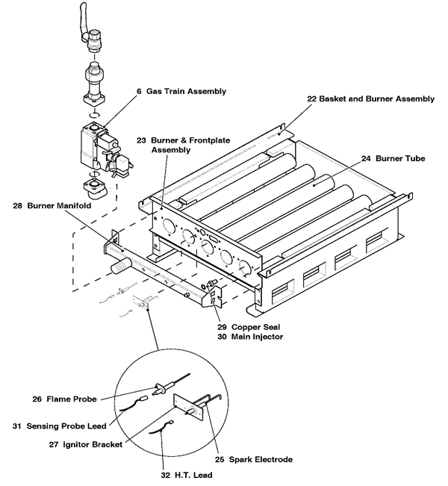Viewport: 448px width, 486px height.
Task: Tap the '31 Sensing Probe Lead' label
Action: (60, 426)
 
